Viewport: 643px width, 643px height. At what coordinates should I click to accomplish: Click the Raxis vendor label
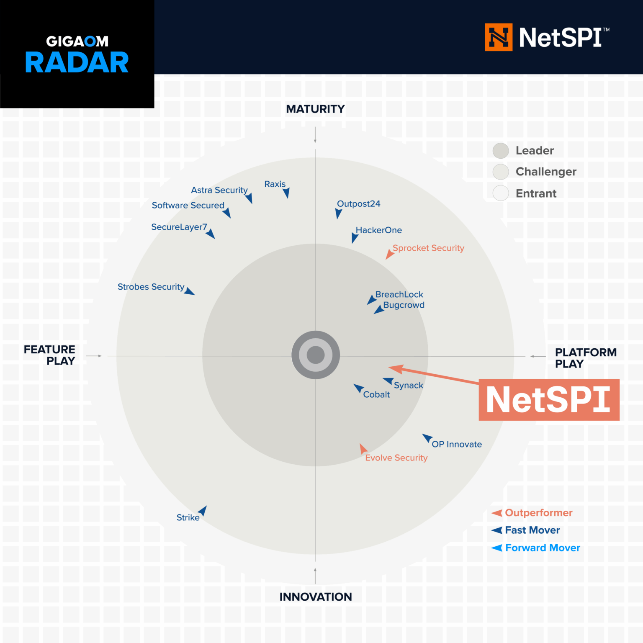coord(275,184)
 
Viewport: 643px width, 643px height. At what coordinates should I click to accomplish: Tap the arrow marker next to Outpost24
coord(338,214)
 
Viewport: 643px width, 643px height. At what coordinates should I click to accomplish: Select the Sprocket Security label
coord(428,248)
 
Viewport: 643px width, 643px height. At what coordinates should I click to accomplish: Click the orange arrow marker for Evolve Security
coord(363,449)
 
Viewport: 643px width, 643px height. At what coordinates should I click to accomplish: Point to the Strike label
coord(188,518)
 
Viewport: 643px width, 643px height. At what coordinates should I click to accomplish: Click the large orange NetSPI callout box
coord(548,400)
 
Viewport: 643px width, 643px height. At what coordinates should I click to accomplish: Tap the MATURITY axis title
coord(315,109)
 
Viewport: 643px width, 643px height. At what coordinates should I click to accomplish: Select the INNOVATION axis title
coord(315,597)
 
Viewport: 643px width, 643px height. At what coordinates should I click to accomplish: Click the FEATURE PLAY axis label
coord(49,355)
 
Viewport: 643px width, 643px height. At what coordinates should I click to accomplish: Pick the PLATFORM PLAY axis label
coord(585,358)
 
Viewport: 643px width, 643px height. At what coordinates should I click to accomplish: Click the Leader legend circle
coord(501,151)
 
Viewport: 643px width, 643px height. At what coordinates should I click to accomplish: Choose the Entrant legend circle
coord(501,193)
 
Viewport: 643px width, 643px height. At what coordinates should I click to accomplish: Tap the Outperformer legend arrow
coord(497,513)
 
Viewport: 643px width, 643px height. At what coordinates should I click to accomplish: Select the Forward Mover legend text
coord(543,548)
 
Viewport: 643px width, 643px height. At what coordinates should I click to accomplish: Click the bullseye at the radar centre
coord(316,355)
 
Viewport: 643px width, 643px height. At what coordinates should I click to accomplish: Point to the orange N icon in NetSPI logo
coord(499,37)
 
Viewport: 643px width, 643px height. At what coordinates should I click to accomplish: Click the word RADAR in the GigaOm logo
coord(77,63)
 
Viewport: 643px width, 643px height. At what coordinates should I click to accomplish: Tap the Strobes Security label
coord(151,287)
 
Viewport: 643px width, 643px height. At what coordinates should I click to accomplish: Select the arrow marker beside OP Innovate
coord(427,438)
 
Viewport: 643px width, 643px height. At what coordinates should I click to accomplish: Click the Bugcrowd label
coord(404,305)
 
